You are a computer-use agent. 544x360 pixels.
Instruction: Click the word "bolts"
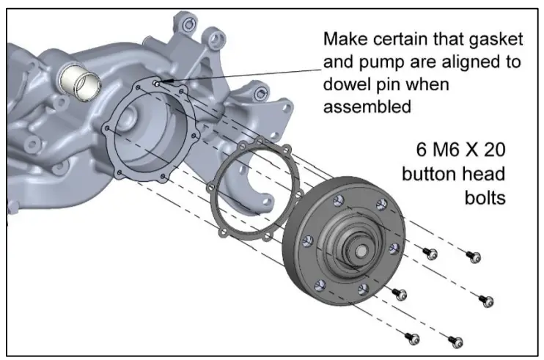coord(485,197)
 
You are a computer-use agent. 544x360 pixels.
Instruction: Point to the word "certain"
coord(416,38)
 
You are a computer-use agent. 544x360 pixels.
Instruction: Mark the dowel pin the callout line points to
coord(157,84)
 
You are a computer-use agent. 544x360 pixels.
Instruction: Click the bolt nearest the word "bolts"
coord(474,256)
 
